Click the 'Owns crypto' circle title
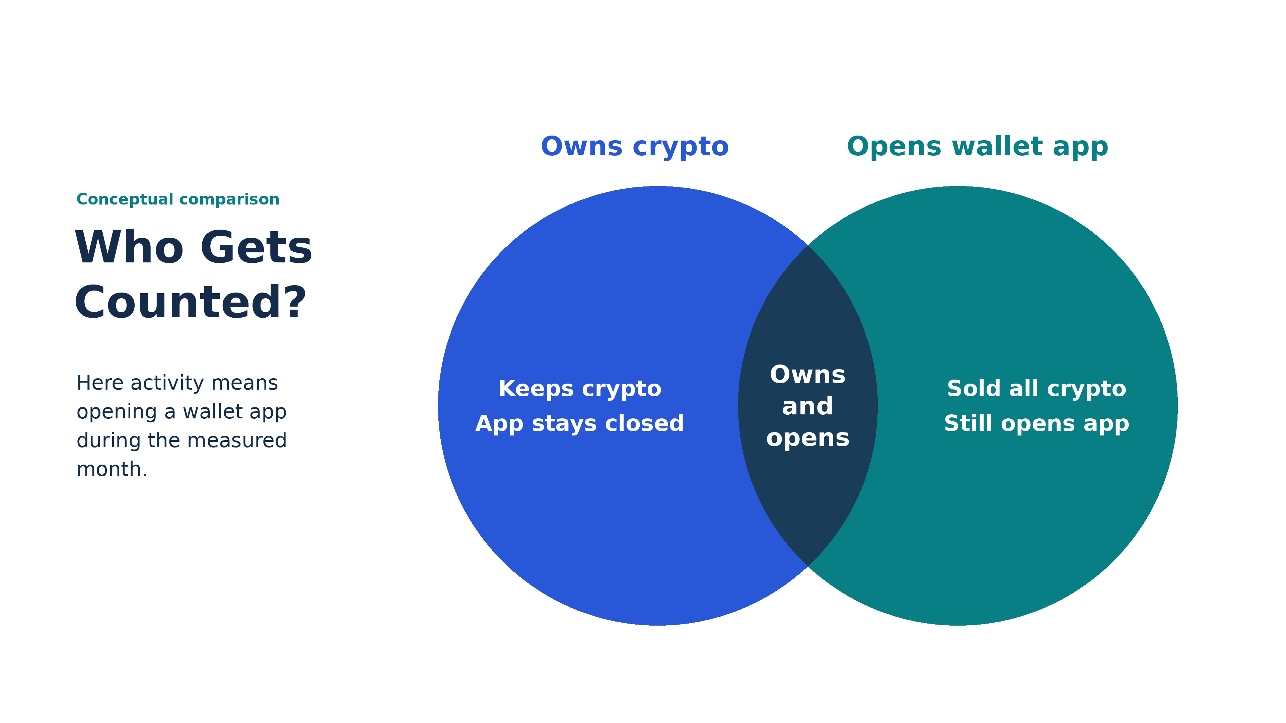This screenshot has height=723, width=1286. (635, 147)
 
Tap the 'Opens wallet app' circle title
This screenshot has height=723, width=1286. (978, 147)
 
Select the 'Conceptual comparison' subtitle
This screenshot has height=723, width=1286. (178, 199)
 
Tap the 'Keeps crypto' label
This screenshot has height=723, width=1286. (580, 389)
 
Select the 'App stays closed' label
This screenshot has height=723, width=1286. (580, 424)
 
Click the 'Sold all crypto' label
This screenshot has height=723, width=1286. (1037, 389)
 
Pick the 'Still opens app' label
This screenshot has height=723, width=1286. (1037, 424)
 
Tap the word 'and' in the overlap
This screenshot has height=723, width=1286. (808, 406)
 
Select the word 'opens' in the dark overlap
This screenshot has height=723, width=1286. (808, 438)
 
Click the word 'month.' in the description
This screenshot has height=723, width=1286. (112, 470)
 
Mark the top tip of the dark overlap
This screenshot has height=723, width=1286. (808, 245)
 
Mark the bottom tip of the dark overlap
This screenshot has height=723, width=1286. (808, 566)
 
